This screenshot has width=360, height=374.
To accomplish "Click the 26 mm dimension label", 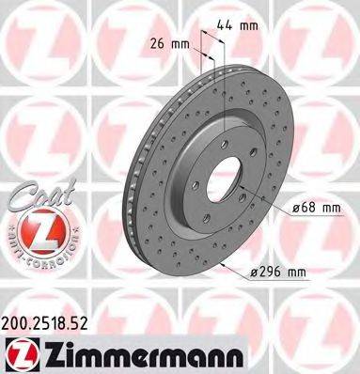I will point(170,42).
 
